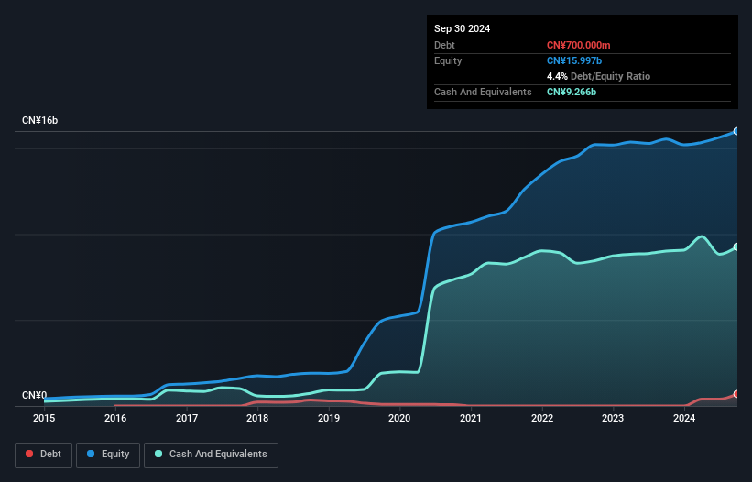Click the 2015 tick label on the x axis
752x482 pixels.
click(x=44, y=419)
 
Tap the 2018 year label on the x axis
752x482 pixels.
click(x=257, y=419)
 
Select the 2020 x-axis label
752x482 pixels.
click(x=399, y=419)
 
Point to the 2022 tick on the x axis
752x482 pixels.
click(x=542, y=419)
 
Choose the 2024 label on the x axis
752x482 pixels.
click(x=684, y=419)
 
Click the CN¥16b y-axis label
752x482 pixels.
click(x=41, y=121)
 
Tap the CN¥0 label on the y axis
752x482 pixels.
click(x=34, y=396)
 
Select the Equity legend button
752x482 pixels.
click(x=108, y=455)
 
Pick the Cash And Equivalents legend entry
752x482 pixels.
click(x=210, y=455)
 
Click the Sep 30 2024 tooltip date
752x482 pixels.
click(x=462, y=28)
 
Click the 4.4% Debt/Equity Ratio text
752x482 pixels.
click(x=598, y=76)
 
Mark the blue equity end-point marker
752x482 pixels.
click(x=736, y=131)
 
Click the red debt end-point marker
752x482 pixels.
click(x=736, y=394)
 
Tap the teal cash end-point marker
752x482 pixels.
click(x=736, y=246)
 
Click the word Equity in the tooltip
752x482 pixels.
click(x=448, y=60)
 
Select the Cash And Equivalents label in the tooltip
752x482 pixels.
click(x=483, y=93)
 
